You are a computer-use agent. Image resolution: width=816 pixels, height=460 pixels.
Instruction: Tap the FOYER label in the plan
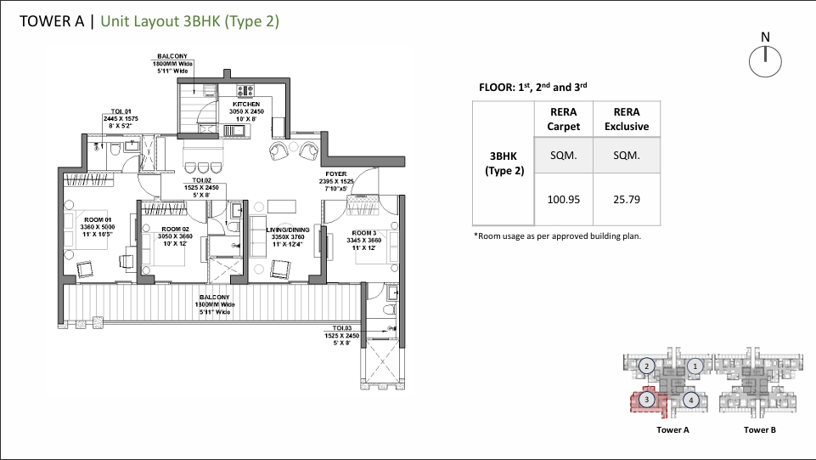335,174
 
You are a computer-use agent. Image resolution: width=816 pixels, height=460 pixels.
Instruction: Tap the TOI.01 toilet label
121,111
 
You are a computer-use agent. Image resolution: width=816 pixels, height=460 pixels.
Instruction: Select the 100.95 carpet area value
564,201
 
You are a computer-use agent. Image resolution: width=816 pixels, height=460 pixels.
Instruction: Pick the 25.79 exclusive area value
626,201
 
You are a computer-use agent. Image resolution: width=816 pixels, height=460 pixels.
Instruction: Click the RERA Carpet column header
564,119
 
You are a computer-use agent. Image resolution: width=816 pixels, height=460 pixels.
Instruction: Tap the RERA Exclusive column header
626,119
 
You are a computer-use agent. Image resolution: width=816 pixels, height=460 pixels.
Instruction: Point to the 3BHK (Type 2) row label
504,163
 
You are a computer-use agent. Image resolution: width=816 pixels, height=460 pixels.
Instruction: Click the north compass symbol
765,59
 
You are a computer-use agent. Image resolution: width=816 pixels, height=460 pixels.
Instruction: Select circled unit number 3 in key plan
646,400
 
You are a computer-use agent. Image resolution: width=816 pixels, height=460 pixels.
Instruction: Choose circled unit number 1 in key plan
695,366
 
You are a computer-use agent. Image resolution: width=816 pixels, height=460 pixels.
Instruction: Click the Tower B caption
760,430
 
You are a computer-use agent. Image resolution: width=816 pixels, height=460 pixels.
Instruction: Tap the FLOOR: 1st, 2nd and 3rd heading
534,87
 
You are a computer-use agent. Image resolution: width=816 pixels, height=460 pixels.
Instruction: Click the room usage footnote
556,236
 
